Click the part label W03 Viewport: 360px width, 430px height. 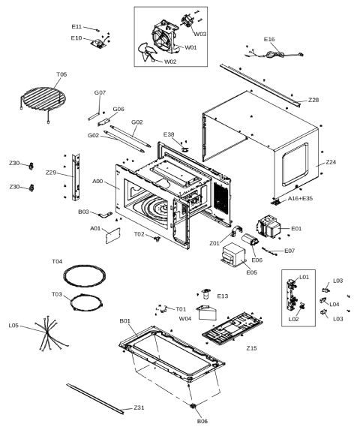tap(200, 34)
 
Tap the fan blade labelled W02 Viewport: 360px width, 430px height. tap(146, 52)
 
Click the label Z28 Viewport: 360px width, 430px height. tap(313, 100)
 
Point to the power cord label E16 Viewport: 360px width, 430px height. tap(269, 40)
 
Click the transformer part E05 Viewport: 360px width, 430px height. tap(234, 254)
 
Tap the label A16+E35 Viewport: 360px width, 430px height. tap(300, 198)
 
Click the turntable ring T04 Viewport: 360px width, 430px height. tap(84, 276)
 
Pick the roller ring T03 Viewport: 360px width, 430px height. tap(86, 302)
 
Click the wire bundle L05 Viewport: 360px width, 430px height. tap(51, 333)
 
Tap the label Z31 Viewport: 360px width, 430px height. tap(139, 407)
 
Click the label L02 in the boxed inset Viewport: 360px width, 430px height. tap(293, 319)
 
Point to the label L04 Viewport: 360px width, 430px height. tap(334, 305)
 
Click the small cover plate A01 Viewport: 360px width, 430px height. tap(113, 236)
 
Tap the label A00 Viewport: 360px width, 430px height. tap(97, 182)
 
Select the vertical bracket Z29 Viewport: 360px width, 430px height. tap(76, 177)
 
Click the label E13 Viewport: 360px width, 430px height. tap(223, 296)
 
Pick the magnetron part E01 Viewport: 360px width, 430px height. tap(268, 227)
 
